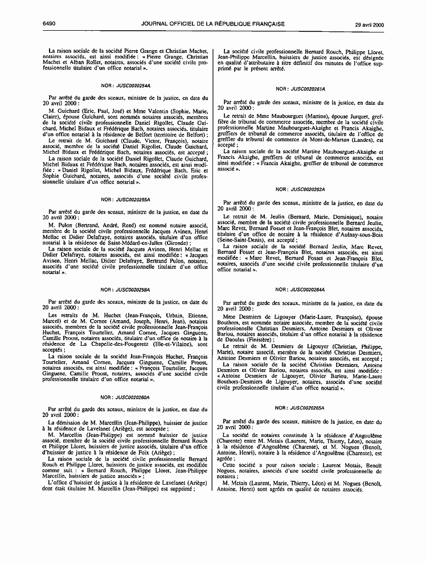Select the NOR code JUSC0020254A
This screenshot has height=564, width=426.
point(133,85)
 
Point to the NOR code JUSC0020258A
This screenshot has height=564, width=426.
point(133,290)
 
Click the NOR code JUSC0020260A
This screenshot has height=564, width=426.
point(133,396)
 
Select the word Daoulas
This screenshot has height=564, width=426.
point(236,340)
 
